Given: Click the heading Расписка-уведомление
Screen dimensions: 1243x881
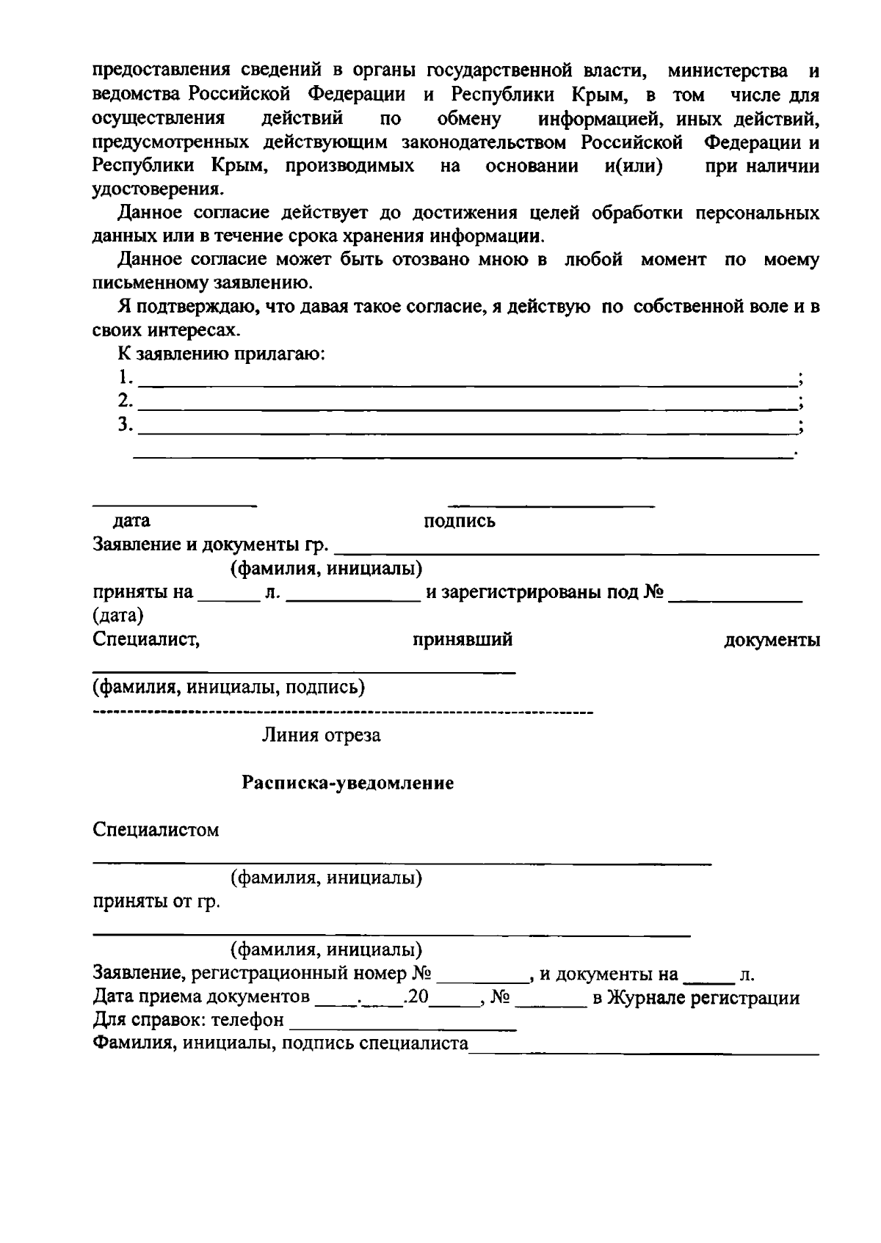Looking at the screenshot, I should coord(348,783).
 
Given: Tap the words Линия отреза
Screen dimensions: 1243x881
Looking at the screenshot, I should coord(322,735).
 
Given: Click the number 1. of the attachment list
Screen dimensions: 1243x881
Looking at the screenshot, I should coord(126,377).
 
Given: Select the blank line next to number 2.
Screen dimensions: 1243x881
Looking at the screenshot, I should coord(467,408).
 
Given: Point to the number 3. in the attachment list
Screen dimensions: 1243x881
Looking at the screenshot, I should coord(126,424).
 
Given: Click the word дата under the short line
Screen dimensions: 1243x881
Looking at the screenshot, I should coord(131,521).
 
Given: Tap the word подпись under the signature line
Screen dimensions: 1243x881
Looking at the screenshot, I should coord(460,521).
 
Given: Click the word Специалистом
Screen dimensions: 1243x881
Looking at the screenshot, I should coord(156,830).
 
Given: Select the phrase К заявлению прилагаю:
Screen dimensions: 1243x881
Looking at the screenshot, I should coord(222,354).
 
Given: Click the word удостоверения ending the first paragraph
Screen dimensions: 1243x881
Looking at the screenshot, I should coord(156,189).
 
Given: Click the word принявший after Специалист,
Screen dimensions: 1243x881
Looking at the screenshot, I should coord(463,640).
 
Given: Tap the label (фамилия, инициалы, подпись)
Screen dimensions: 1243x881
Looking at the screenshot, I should coord(229,688).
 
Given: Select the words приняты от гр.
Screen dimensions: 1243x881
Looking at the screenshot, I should coord(156,902).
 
